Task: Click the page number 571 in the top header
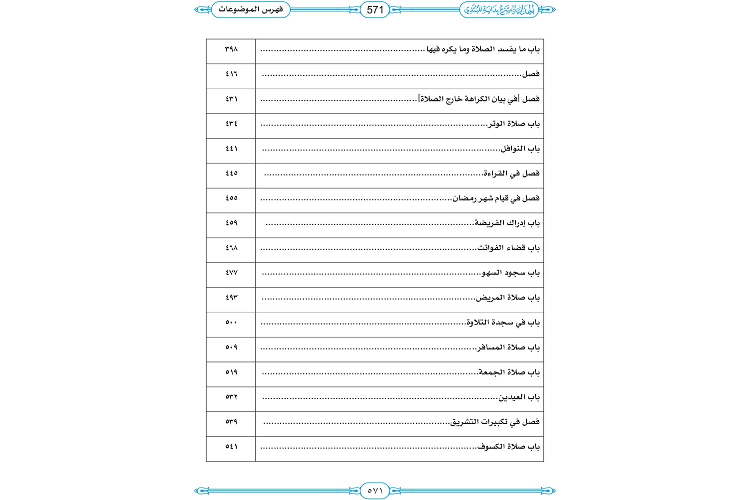[x=375, y=9]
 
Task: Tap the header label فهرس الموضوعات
[x=251, y=9]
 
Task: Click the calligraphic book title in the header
[x=499, y=9]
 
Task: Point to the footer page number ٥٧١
[x=375, y=491]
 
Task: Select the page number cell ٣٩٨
[x=231, y=49]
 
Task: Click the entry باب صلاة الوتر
[x=514, y=123]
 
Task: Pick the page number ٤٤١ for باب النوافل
[x=231, y=148]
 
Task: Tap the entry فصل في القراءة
[x=512, y=173]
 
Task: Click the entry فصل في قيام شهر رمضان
[x=496, y=198]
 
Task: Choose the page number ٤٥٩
[x=231, y=223]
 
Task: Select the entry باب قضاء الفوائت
[x=508, y=248]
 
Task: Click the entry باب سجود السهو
[x=510, y=272]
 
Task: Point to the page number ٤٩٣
[x=231, y=297]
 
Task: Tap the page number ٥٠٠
[x=231, y=322]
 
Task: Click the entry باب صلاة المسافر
[x=508, y=347]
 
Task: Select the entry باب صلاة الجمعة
[x=509, y=372]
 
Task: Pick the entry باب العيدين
[x=519, y=397]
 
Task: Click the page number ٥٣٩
[x=231, y=421]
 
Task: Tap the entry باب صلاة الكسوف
[x=508, y=446]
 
